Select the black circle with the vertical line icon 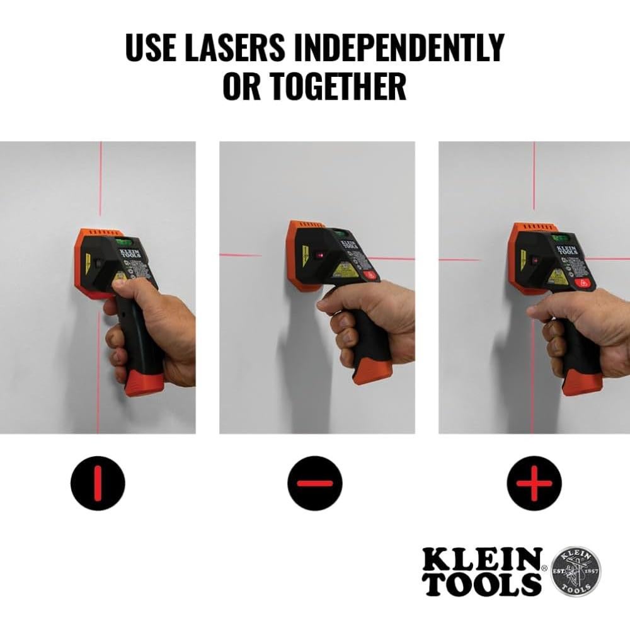click(x=97, y=483)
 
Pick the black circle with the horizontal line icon click(x=314, y=483)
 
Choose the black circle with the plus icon click(x=534, y=483)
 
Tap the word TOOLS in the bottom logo click(x=482, y=585)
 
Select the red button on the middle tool click(x=370, y=275)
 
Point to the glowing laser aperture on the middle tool click(x=319, y=256)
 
